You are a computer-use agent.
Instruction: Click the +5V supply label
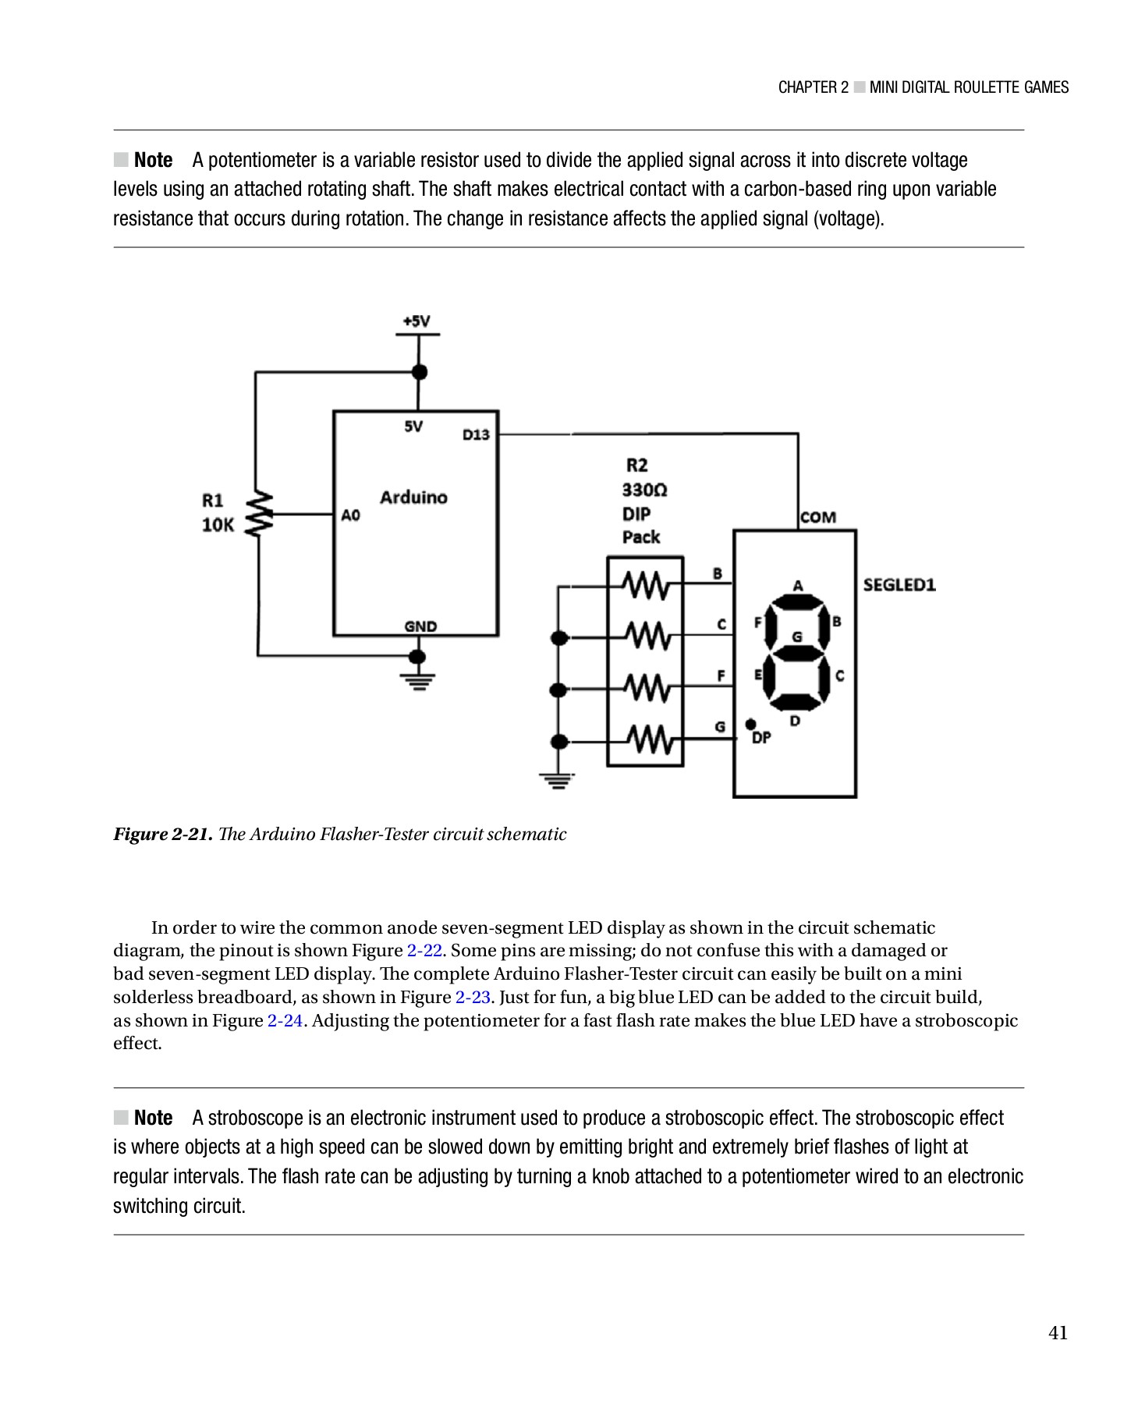click(417, 321)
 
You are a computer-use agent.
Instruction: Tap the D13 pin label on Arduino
click(476, 435)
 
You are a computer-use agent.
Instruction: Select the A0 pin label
click(350, 515)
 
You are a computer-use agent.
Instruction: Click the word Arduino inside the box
click(413, 498)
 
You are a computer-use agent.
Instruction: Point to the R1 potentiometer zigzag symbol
click(259, 513)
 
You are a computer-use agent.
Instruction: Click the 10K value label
click(218, 525)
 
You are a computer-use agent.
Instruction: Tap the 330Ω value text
click(644, 490)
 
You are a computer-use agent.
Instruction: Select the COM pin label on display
click(817, 517)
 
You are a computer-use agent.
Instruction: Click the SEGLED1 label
click(899, 585)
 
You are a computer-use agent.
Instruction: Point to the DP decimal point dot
click(750, 725)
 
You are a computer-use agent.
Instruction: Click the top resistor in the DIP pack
click(646, 584)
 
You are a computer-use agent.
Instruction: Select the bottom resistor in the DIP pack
click(646, 739)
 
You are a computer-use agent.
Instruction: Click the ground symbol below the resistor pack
click(557, 780)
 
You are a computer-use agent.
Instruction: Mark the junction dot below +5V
click(419, 372)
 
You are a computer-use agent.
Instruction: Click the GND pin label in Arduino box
click(420, 626)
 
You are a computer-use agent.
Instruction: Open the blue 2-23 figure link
click(472, 998)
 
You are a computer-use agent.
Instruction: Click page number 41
click(1058, 1333)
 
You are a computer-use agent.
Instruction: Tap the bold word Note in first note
click(153, 160)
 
